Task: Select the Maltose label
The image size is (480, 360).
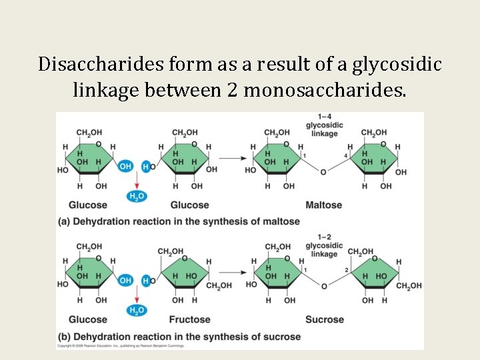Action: (323, 205)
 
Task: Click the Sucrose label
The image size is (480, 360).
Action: (325, 319)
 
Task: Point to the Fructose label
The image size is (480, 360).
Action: (189, 319)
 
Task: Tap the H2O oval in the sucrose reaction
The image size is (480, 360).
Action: (137, 310)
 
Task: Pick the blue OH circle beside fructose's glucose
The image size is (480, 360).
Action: (125, 281)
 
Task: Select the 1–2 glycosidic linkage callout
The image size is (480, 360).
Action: (324, 245)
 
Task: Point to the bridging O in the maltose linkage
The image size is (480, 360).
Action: (323, 171)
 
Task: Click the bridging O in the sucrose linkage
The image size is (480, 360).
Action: (325, 286)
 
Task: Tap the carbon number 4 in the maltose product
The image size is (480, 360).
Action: (346, 156)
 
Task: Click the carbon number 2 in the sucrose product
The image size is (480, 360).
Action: (347, 270)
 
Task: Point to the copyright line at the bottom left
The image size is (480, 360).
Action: (110, 346)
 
